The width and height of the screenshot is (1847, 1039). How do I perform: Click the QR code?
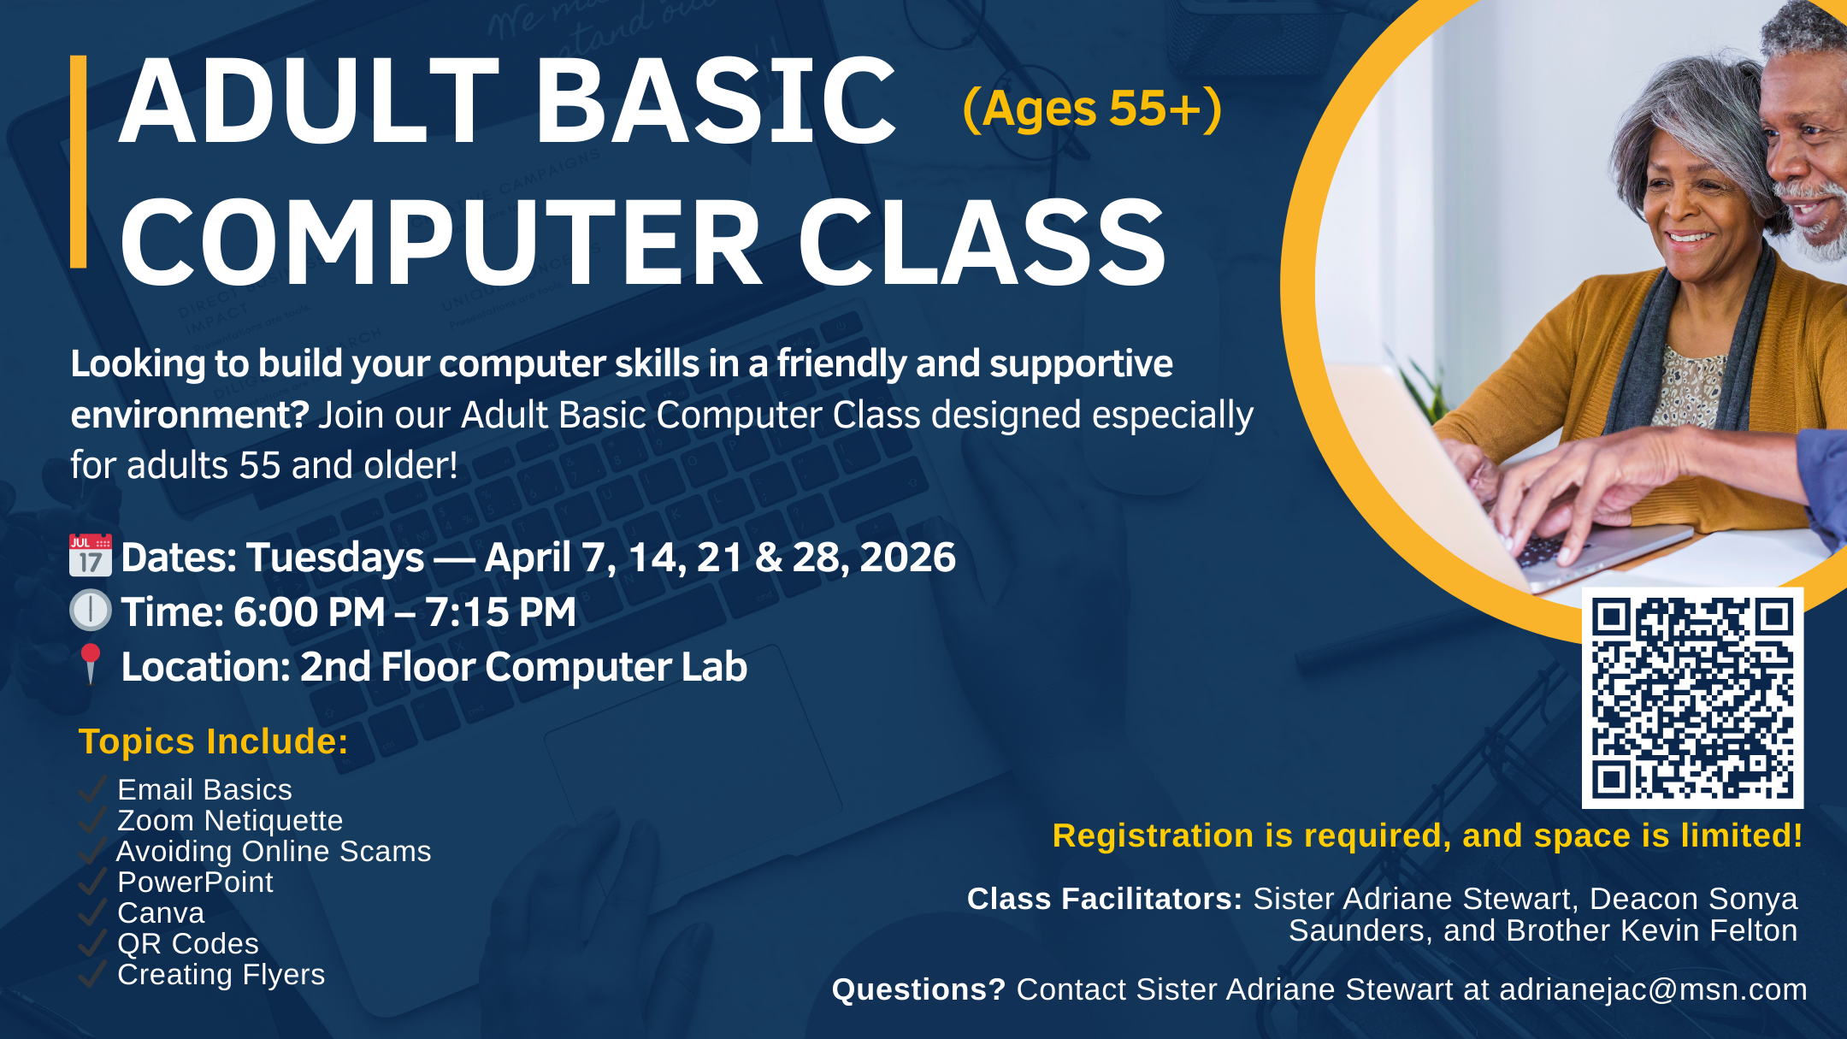pyautogui.click(x=1692, y=698)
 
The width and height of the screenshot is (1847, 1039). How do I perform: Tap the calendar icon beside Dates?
pyautogui.click(x=91, y=555)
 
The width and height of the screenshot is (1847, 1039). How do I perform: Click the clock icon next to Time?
pyautogui.click(x=91, y=611)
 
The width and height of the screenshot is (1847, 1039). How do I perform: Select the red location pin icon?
pyautogui.click(x=90, y=664)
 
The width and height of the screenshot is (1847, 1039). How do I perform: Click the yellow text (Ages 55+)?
pyautogui.click(x=1092, y=109)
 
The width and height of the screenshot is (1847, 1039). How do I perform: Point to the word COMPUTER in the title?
pyautogui.click(x=441, y=242)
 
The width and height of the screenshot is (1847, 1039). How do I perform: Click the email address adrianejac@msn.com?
pyautogui.click(x=1653, y=989)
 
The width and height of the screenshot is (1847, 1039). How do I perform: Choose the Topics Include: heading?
pyautogui.click(x=214, y=741)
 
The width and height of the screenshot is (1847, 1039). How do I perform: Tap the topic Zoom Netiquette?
pyautogui.click(x=230, y=820)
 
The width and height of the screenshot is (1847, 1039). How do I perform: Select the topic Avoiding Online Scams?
pyautogui.click(x=274, y=851)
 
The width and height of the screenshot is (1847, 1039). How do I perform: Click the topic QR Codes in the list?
pyautogui.click(x=188, y=943)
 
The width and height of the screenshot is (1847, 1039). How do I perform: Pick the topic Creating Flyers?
pyautogui.click(x=221, y=974)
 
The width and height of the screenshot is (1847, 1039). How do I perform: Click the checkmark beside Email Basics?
pyautogui.click(x=92, y=789)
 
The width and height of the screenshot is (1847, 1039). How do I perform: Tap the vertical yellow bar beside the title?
pyautogui.click(x=78, y=162)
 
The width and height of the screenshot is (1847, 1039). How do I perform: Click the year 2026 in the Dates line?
pyautogui.click(x=908, y=557)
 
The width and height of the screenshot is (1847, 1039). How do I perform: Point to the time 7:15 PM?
pyautogui.click(x=501, y=612)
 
